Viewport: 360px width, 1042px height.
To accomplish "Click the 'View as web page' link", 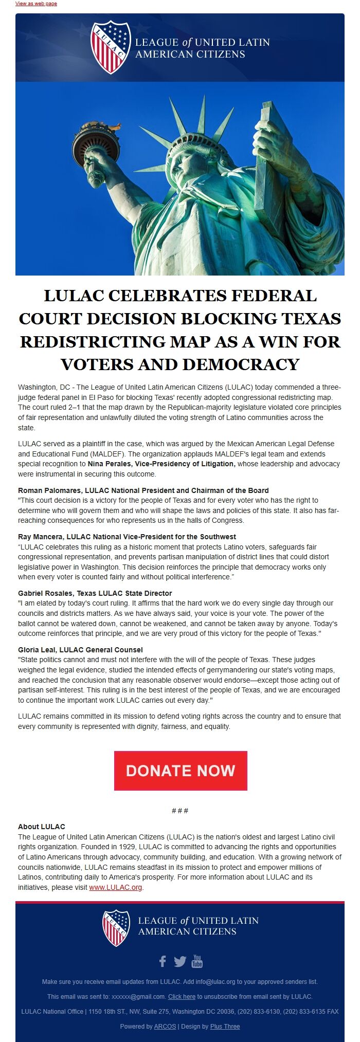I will [36, 4].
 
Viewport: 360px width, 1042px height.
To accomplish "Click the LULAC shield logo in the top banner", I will [110, 47].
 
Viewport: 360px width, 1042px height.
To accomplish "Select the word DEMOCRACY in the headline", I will [241, 364].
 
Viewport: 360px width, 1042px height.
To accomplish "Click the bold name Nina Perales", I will [110, 464].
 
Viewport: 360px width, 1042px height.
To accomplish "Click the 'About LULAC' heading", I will [42, 827].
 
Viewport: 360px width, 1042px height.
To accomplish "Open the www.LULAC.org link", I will [115, 887].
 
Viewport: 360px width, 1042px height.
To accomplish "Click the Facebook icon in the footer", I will [163, 961].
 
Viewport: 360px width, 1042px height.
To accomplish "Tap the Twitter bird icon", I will [180, 961].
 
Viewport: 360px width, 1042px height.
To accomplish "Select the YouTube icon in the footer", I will [197, 960].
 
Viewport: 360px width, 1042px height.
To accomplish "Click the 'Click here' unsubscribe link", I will [182, 996].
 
